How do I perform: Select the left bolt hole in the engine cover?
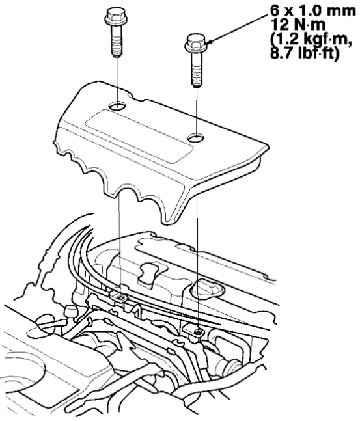pos(118,105)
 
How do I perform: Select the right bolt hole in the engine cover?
pos(196,139)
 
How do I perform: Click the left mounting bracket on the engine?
pos(121,298)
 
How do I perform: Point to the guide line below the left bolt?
pos(117,78)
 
